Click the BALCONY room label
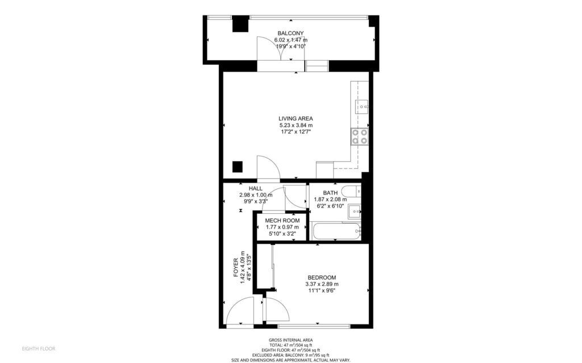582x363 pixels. (x=290, y=33)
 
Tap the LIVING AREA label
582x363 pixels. (x=296, y=119)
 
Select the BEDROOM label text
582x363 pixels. (x=322, y=277)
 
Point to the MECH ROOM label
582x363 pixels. (x=282, y=221)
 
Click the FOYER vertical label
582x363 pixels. (x=235, y=268)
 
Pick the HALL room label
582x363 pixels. (x=256, y=188)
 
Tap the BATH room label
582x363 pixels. (x=330, y=193)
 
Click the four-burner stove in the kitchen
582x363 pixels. (x=360, y=136)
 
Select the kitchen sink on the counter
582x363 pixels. (x=362, y=107)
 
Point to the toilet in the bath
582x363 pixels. (x=351, y=192)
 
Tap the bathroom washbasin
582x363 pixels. (x=355, y=212)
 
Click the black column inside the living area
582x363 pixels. (x=238, y=167)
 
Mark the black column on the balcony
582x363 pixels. (x=240, y=25)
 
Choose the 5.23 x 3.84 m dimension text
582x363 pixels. (x=296, y=125)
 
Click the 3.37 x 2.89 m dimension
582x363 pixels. (x=322, y=284)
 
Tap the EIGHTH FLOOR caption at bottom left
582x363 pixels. (x=39, y=349)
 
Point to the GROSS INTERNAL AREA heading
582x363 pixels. (x=290, y=340)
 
